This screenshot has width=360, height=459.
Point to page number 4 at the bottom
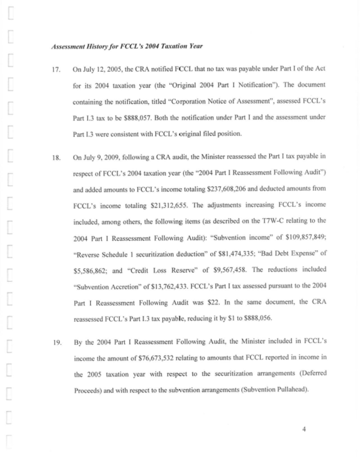pos(304,428)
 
